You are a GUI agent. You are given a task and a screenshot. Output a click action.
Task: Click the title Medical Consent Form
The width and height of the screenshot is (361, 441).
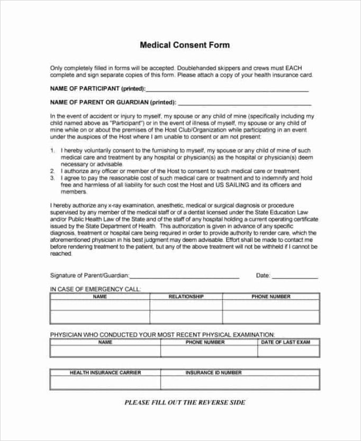pyautogui.click(x=184, y=45)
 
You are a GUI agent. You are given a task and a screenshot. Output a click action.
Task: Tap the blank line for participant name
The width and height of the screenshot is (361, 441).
pyautogui.click(x=228, y=90)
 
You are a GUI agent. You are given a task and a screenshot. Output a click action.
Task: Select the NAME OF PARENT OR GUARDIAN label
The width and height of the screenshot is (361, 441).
pyautogui.click(x=113, y=102)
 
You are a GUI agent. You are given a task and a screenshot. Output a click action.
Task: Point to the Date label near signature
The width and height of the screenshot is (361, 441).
pyautogui.click(x=263, y=275)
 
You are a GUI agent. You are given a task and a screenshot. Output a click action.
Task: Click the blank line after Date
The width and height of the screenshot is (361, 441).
pyautogui.click(x=295, y=276)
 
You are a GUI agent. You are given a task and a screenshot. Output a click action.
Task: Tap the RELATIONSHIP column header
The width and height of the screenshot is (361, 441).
pyautogui.click(x=186, y=297)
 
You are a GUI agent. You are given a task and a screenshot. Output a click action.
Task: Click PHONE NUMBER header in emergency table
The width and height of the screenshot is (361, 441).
pyautogui.click(x=270, y=297)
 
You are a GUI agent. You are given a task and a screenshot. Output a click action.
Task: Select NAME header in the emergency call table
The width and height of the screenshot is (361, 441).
pyautogui.click(x=100, y=297)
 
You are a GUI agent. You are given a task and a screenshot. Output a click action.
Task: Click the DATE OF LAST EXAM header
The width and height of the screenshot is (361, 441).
pyautogui.click(x=285, y=342)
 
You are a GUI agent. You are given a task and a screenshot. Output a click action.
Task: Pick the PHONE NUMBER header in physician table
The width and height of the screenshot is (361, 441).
pyautogui.click(x=205, y=342)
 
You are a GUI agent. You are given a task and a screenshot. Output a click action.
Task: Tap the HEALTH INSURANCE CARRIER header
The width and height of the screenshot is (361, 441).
pyautogui.click(x=105, y=372)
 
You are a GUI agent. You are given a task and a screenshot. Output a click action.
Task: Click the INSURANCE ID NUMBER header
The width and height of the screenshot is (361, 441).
pyautogui.click(x=213, y=372)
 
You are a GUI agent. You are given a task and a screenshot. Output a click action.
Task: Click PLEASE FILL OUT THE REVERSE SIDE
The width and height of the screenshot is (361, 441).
pyautogui.click(x=185, y=402)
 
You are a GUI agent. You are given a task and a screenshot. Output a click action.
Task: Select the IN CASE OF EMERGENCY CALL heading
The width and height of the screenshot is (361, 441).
pyautogui.click(x=95, y=289)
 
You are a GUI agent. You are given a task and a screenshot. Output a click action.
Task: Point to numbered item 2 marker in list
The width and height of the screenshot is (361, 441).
pyautogui.click(x=52, y=171)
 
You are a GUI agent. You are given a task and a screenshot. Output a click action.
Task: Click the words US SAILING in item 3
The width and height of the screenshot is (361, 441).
pyautogui.click(x=231, y=185)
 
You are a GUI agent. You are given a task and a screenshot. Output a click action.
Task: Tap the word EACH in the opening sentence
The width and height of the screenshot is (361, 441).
pyautogui.click(x=293, y=68)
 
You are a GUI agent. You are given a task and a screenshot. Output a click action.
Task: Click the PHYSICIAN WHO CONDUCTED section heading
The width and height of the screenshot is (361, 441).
pyautogui.click(x=162, y=334)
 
